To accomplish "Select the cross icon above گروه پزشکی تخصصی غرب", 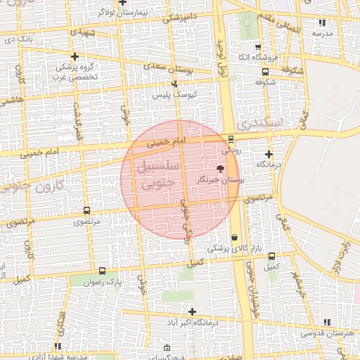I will tap(75, 56).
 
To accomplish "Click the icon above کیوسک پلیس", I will tap(174, 84).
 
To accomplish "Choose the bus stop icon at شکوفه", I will tap(265, 72).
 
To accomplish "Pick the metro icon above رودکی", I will tap(231, 139).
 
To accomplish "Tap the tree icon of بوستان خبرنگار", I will tap(221, 169).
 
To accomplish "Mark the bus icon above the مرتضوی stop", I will tap(87, 210).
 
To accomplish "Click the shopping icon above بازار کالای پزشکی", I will tap(234, 238).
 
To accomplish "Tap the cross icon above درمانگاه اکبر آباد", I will tap(192, 311).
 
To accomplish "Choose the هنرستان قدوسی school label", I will tap(330, 332).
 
